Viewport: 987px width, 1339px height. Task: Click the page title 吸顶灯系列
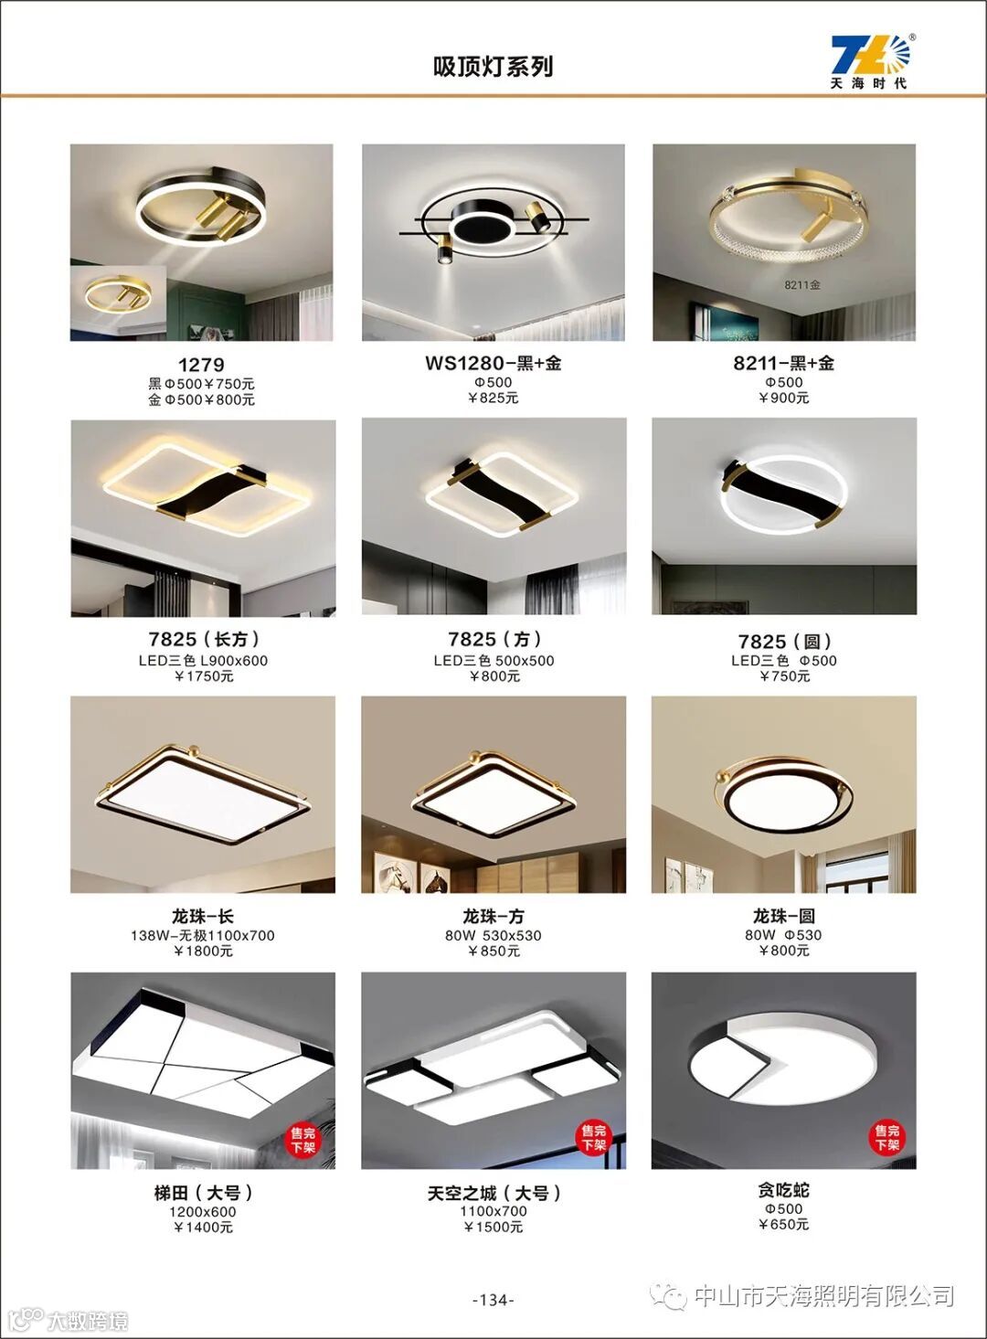(x=493, y=67)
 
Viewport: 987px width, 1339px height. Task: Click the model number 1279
(x=201, y=364)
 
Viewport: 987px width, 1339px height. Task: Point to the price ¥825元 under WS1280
(x=493, y=398)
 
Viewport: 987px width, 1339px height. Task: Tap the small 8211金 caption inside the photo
(x=802, y=285)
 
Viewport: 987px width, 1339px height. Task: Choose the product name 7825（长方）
(x=204, y=639)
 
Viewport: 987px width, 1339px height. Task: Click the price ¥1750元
(x=204, y=676)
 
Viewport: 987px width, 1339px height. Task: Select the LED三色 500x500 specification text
(x=493, y=661)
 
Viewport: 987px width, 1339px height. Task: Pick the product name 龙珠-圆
(x=784, y=916)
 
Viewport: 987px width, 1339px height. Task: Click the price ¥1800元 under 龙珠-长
(x=203, y=951)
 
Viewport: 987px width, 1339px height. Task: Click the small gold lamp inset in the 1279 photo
(x=118, y=303)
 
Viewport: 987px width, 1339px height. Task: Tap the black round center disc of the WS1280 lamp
(x=482, y=228)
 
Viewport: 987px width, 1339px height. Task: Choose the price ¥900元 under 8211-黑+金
(x=784, y=398)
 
